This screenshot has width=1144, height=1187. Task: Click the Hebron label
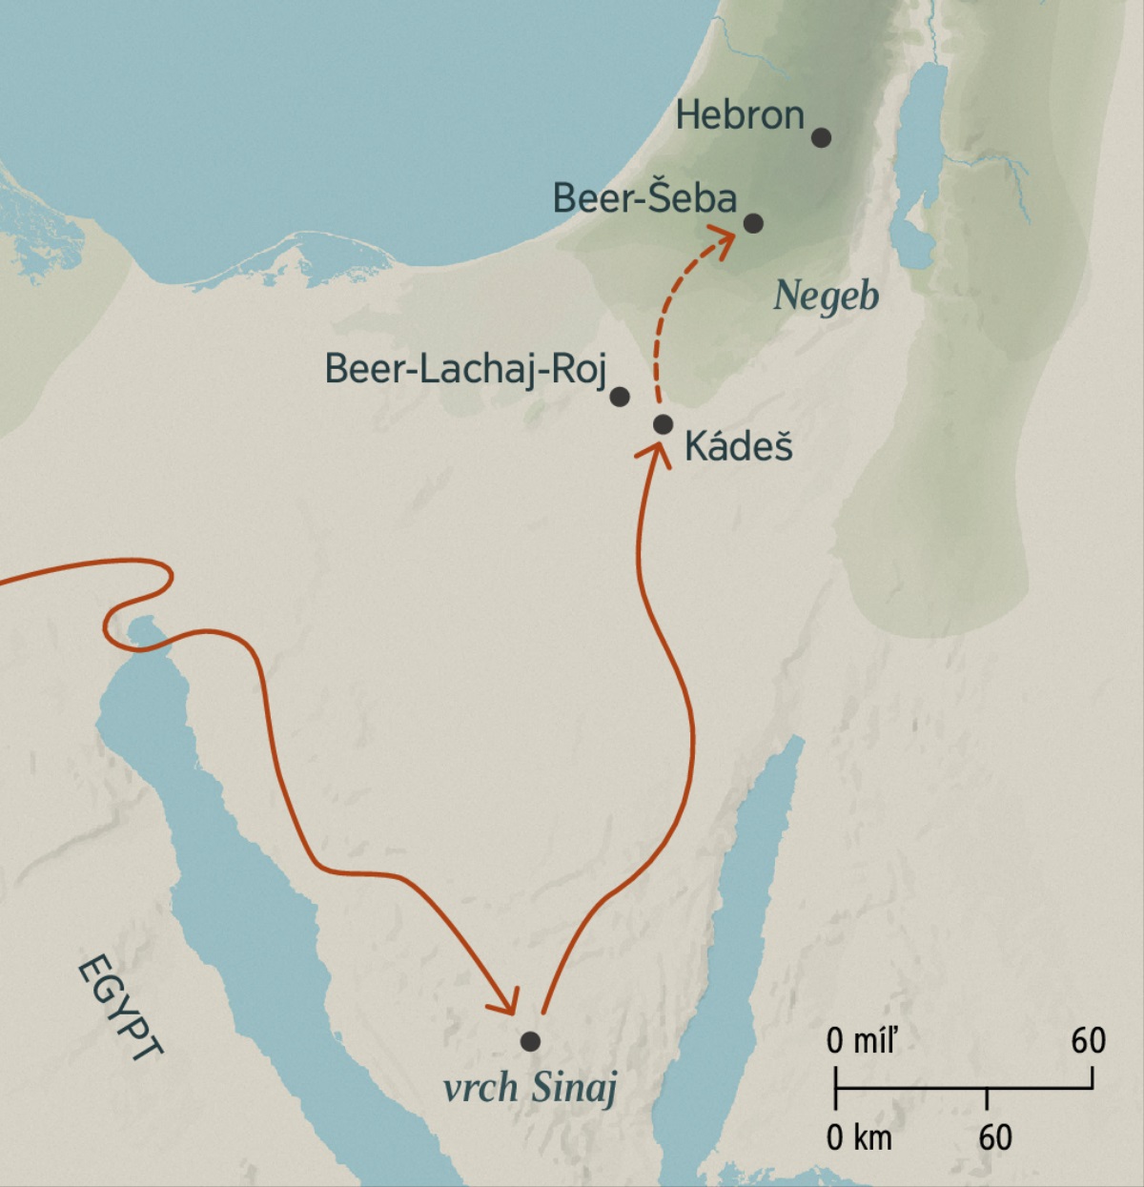(x=740, y=116)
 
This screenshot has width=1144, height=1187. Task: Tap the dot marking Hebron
(x=821, y=137)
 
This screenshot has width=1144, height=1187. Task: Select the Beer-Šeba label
(x=644, y=198)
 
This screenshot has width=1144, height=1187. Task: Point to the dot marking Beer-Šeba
(x=753, y=223)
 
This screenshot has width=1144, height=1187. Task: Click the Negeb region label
(x=826, y=296)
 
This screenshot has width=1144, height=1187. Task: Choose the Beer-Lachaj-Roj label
(x=465, y=369)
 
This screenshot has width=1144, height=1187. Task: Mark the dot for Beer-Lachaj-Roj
(x=620, y=396)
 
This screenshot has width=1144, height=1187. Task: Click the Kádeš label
(x=739, y=446)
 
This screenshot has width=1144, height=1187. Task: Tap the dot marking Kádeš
(x=664, y=424)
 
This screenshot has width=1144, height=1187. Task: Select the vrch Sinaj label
(x=531, y=1087)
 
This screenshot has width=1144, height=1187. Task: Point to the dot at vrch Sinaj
(x=530, y=1041)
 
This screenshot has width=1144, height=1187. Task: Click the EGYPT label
(x=119, y=1009)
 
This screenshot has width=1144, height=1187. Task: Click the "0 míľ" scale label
(x=862, y=1041)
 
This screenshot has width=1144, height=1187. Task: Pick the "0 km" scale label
(x=859, y=1137)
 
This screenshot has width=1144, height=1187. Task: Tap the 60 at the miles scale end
(x=1088, y=1040)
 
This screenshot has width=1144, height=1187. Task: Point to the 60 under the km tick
(x=994, y=1137)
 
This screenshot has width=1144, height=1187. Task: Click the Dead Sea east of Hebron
(x=920, y=162)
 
